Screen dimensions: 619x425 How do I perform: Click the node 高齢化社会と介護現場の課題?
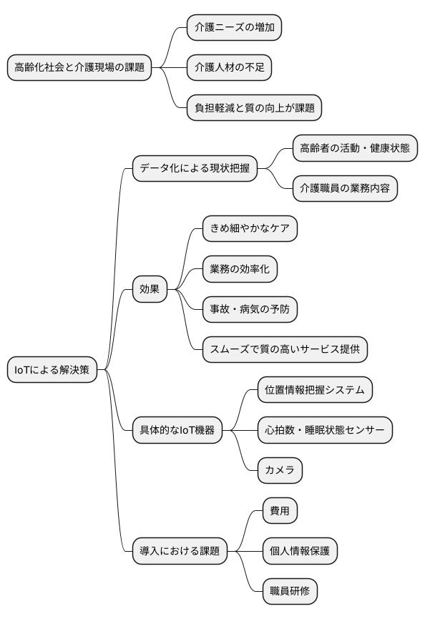click(79, 68)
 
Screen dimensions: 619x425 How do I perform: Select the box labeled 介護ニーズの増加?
click(234, 28)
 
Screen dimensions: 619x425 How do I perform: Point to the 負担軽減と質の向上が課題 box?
click(253, 108)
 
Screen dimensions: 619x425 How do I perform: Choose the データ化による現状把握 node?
click(195, 169)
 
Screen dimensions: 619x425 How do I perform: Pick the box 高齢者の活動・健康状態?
click(355, 148)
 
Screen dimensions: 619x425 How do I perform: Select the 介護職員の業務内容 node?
click(345, 188)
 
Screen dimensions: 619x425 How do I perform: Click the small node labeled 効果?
click(150, 289)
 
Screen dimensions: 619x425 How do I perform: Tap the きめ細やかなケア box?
click(250, 228)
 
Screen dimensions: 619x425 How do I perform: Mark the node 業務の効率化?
click(240, 269)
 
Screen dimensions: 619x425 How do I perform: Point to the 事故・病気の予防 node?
click(250, 309)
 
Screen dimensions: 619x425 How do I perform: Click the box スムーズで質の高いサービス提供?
click(285, 349)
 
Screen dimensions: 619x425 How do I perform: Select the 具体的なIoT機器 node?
click(177, 430)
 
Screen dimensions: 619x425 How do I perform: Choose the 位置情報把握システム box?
click(315, 390)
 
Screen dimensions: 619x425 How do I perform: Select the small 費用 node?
click(280, 511)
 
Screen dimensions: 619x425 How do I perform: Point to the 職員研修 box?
click(290, 591)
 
